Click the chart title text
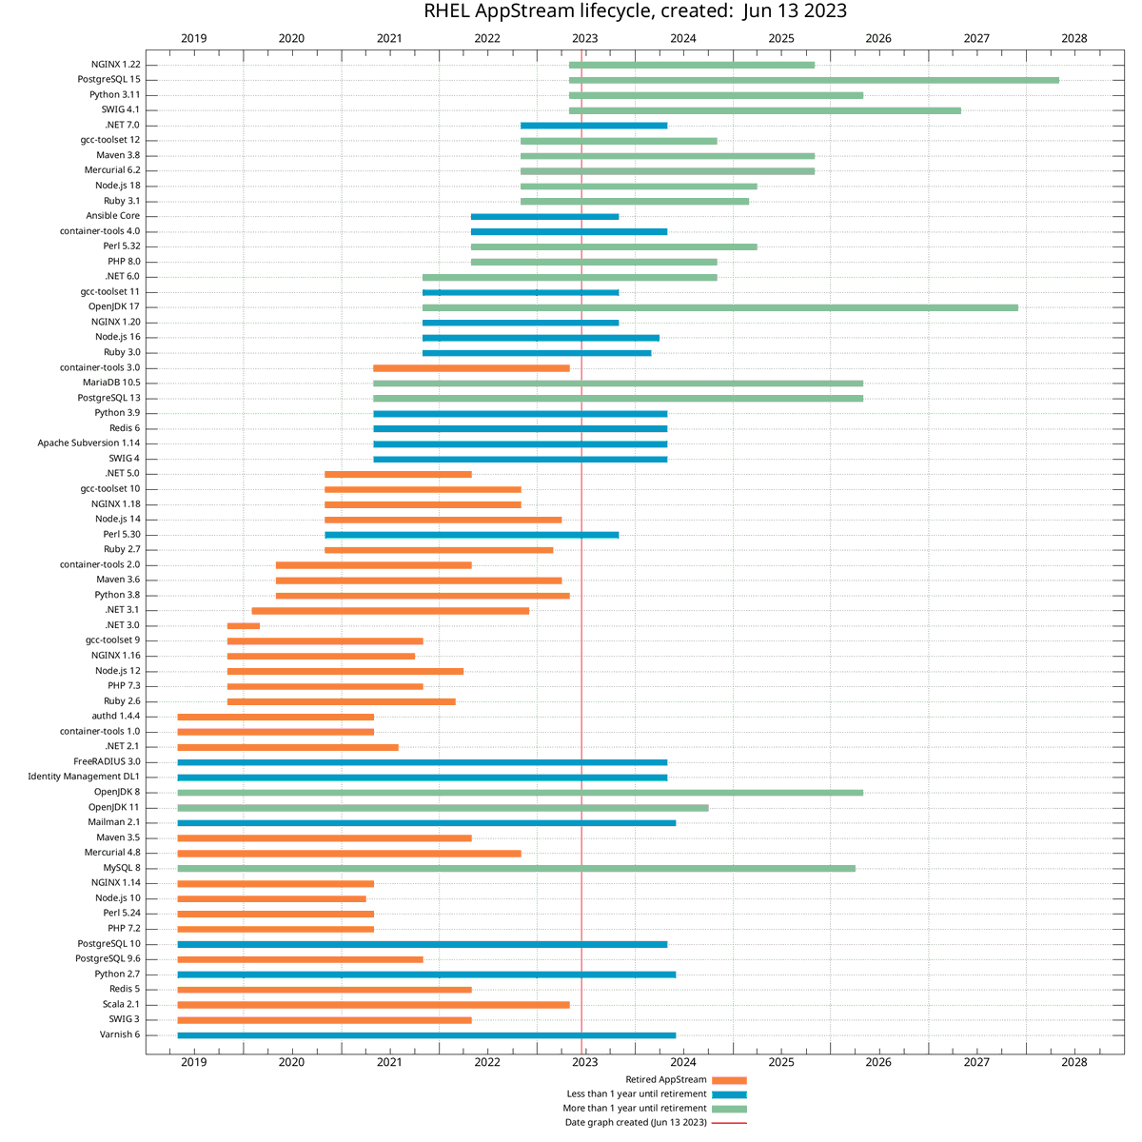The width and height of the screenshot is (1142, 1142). click(635, 11)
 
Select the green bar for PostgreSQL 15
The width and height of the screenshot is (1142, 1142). click(814, 80)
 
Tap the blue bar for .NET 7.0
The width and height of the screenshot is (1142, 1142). click(594, 126)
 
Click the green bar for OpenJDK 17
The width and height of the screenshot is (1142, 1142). click(719, 307)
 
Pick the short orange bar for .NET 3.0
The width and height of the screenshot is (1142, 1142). click(244, 626)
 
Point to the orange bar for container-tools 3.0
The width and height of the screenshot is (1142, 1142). click(471, 368)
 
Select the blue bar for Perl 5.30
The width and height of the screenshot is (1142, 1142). click(471, 535)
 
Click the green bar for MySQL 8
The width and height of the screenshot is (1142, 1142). click(516, 868)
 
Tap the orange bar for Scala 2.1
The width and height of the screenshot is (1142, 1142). click(373, 1005)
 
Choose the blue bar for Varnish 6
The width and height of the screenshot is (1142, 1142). click(426, 1035)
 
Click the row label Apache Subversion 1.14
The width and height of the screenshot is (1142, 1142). click(89, 443)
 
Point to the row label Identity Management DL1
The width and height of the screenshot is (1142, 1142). click(84, 778)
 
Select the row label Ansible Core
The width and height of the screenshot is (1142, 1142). click(112, 216)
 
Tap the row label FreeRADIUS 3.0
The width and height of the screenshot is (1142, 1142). click(107, 762)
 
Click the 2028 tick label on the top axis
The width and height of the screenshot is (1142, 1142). click(1073, 38)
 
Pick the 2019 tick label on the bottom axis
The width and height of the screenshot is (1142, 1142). click(193, 1062)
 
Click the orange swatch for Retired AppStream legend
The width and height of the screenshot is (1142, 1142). click(729, 1081)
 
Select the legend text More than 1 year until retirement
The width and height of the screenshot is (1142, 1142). click(635, 1109)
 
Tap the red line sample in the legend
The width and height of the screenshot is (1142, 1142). click(729, 1123)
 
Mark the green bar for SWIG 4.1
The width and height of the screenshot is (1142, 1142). click(764, 110)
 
